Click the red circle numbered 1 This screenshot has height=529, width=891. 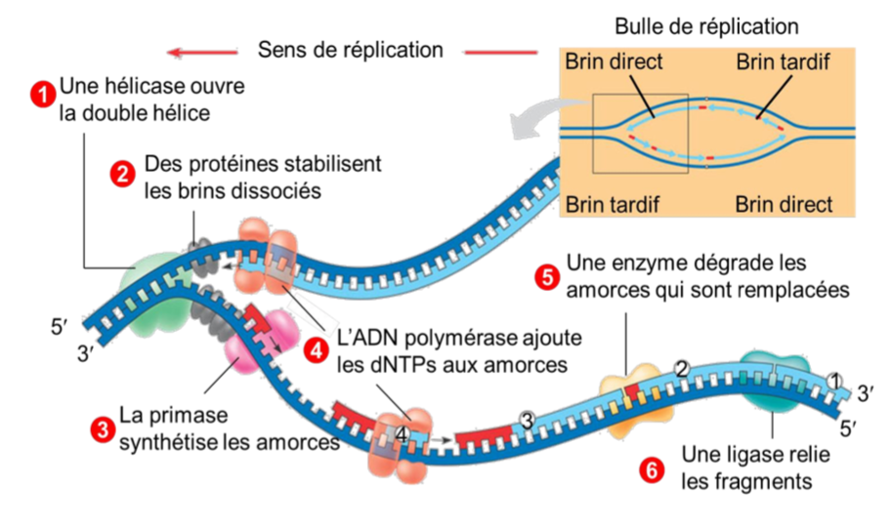point(43,94)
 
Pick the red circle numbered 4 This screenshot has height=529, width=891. point(316,350)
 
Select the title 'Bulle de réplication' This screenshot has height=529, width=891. point(706,26)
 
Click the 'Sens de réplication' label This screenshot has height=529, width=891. point(351,49)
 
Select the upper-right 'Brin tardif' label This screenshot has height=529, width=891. point(782,62)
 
